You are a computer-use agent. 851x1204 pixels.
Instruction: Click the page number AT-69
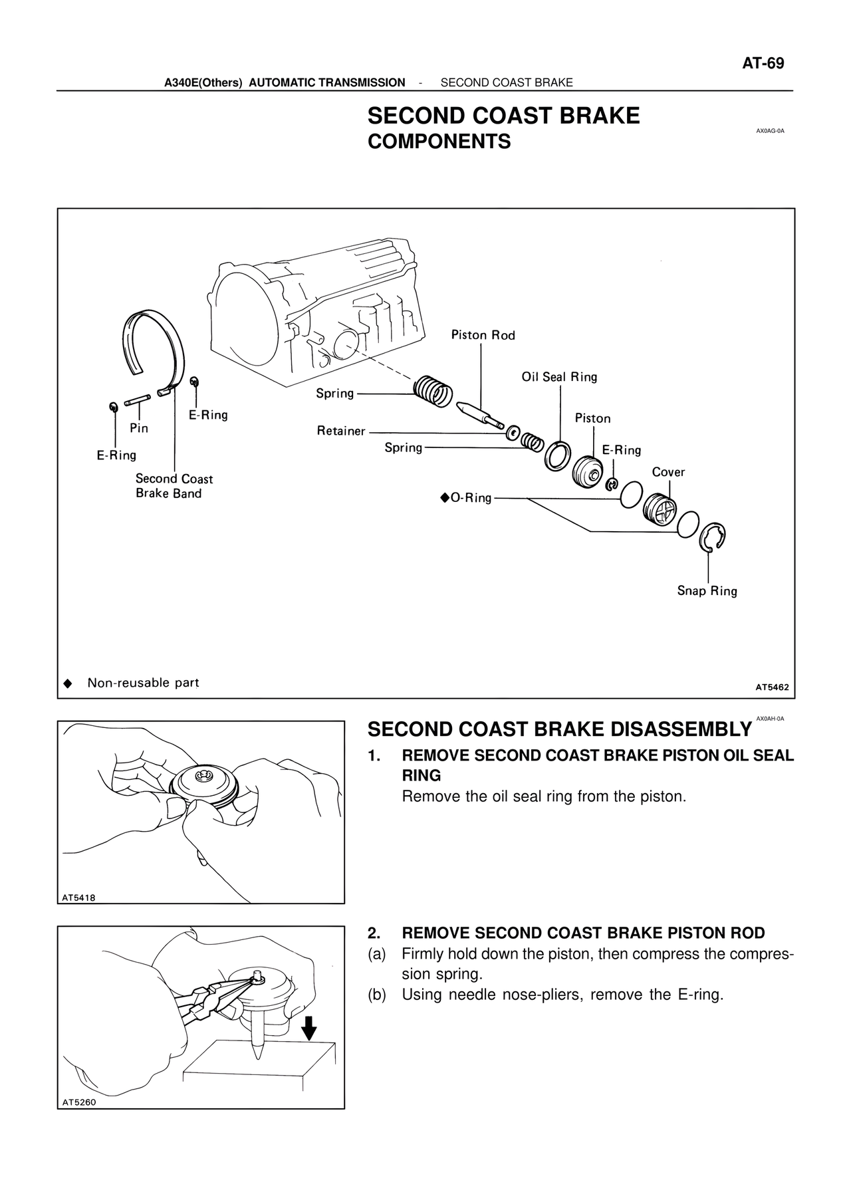point(763,64)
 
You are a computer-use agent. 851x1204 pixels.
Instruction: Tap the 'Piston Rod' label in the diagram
point(483,335)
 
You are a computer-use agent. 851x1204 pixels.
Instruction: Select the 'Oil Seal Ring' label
point(559,377)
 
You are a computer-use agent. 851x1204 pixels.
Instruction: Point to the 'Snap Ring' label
point(707,591)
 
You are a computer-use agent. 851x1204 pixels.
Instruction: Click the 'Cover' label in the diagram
point(668,472)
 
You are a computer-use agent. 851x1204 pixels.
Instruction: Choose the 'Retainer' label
point(341,431)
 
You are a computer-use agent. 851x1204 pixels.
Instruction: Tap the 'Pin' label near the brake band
point(139,428)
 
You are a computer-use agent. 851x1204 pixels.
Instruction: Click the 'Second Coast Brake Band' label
point(174,486)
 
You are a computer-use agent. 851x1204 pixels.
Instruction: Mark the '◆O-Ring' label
point(465,498)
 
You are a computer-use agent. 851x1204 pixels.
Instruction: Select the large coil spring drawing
point(433,392)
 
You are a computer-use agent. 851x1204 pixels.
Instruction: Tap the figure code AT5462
point(772,687)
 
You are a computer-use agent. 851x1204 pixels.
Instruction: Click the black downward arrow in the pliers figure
point(308,1030)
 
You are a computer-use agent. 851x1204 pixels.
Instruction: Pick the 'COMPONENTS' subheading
point(439,142)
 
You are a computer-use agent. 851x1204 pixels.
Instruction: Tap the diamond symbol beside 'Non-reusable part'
point(66,683)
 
